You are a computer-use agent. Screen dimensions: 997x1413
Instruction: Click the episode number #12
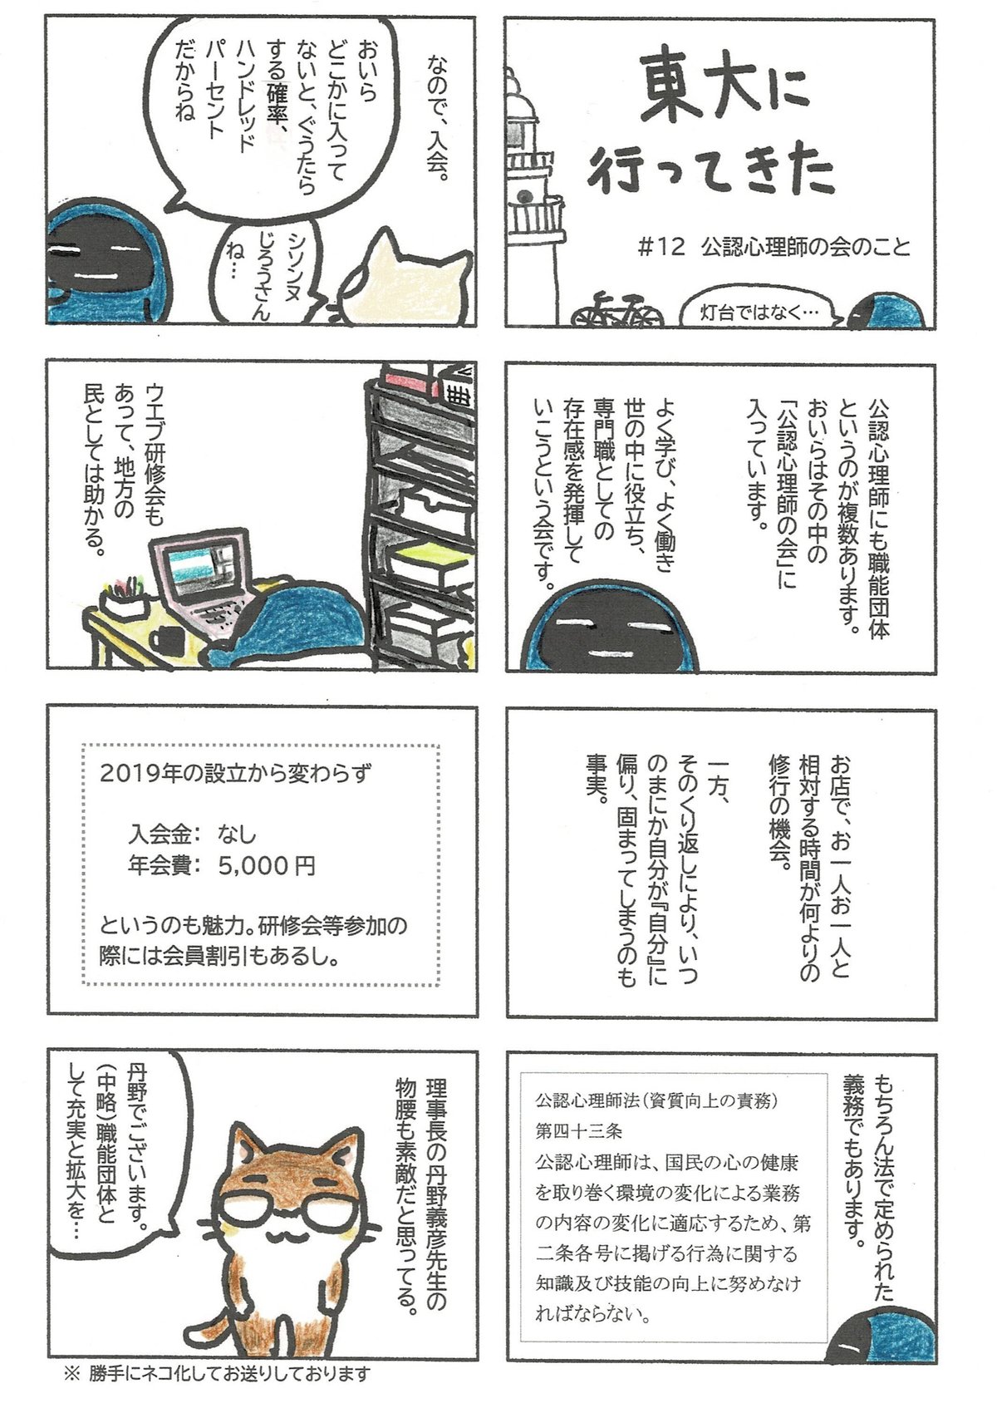click(x=661, y=247)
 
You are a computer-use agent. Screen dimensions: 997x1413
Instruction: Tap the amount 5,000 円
click(x=267, y=864)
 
